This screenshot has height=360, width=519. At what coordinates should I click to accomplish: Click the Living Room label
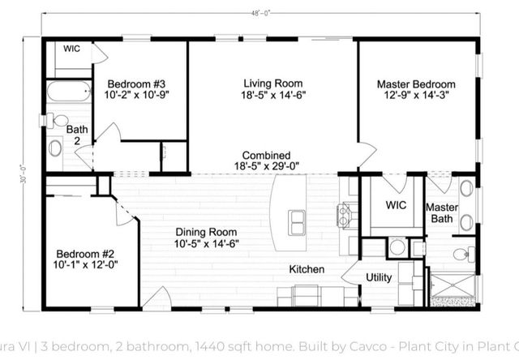point(272,84)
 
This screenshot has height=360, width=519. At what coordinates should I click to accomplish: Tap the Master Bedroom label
point(416,84)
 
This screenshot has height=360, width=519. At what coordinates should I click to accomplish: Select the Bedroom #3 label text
point(137,84)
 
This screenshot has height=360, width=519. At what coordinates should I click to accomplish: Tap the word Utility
point(379,277)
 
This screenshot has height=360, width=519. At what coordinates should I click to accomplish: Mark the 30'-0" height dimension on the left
point(27,174)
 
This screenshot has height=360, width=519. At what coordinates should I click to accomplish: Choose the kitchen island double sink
point(296,217)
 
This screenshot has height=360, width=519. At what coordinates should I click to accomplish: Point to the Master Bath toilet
point(460,256)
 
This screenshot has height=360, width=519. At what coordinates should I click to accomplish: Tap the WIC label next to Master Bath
point(396,205)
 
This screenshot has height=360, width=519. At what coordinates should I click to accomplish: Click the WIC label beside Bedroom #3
point(72,49)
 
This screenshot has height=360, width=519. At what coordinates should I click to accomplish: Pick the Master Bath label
point(442,213)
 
